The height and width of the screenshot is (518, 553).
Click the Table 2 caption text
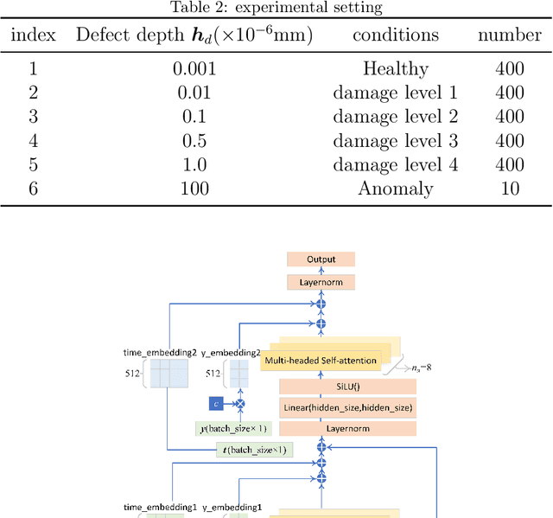coord(276,8)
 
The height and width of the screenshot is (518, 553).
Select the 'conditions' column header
coord(395,35)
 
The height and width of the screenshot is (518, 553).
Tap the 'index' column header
coord(35,35)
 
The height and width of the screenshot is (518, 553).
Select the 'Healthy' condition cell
coord(395,67)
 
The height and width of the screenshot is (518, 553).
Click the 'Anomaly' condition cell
coord(395,189)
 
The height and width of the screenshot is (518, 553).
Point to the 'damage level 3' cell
coord(395,140)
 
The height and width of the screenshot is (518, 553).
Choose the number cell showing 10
coord(510,189)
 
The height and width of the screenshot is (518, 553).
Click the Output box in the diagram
coord(321,259)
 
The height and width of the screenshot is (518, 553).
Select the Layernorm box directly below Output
coord(321,282)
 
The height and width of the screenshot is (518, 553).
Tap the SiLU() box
coord(347,387)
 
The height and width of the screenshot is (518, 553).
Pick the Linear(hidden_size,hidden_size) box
coord(347,407)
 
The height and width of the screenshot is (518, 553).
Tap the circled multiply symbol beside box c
coord(241,404)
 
